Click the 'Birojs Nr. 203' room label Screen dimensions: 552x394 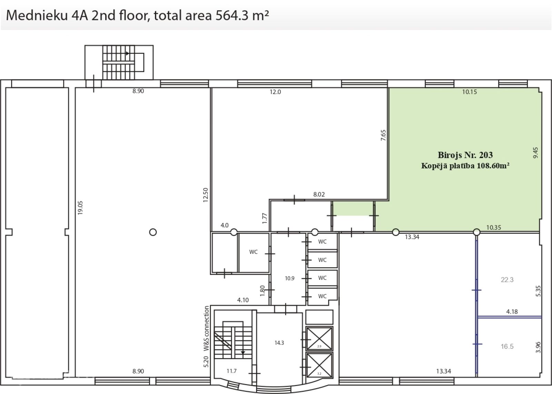tap(465, 155)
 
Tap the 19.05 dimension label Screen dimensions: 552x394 tap(80, 208)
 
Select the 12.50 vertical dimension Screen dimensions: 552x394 tap(206, 195)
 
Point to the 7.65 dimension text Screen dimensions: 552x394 tap(383, 135)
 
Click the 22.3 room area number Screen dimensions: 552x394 tap(507, 280)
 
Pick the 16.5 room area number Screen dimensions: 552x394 tap(507, 346)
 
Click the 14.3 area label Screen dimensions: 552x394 tap(279, 343)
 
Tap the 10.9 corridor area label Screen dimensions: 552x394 tap(289, 278)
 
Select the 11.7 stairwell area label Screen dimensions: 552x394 tap(231, 371)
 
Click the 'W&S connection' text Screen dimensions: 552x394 tap(206, 328)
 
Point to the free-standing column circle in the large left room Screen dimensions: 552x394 tap(153, 232)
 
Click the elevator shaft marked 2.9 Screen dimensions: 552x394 tap(319, 338)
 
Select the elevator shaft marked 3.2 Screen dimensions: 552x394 tap(319, 365)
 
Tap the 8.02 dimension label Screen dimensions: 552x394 tap(319, 195)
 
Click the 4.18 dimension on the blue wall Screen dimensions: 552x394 tap(512, 312)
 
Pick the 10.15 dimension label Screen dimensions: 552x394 tap(470, 92)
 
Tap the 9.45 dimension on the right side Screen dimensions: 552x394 tap(535, 153)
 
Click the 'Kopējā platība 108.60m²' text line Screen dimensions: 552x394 tap(465, 166)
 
